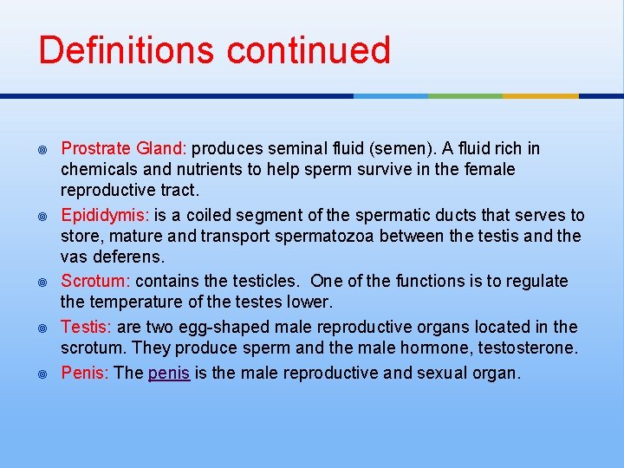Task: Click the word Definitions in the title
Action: pos(127,50)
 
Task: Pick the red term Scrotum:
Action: pos(95,281)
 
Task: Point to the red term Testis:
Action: pos(85,327)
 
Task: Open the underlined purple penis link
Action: pos(169,374)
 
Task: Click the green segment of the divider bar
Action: pos(465,95)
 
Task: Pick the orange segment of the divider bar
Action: pos(540,95)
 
